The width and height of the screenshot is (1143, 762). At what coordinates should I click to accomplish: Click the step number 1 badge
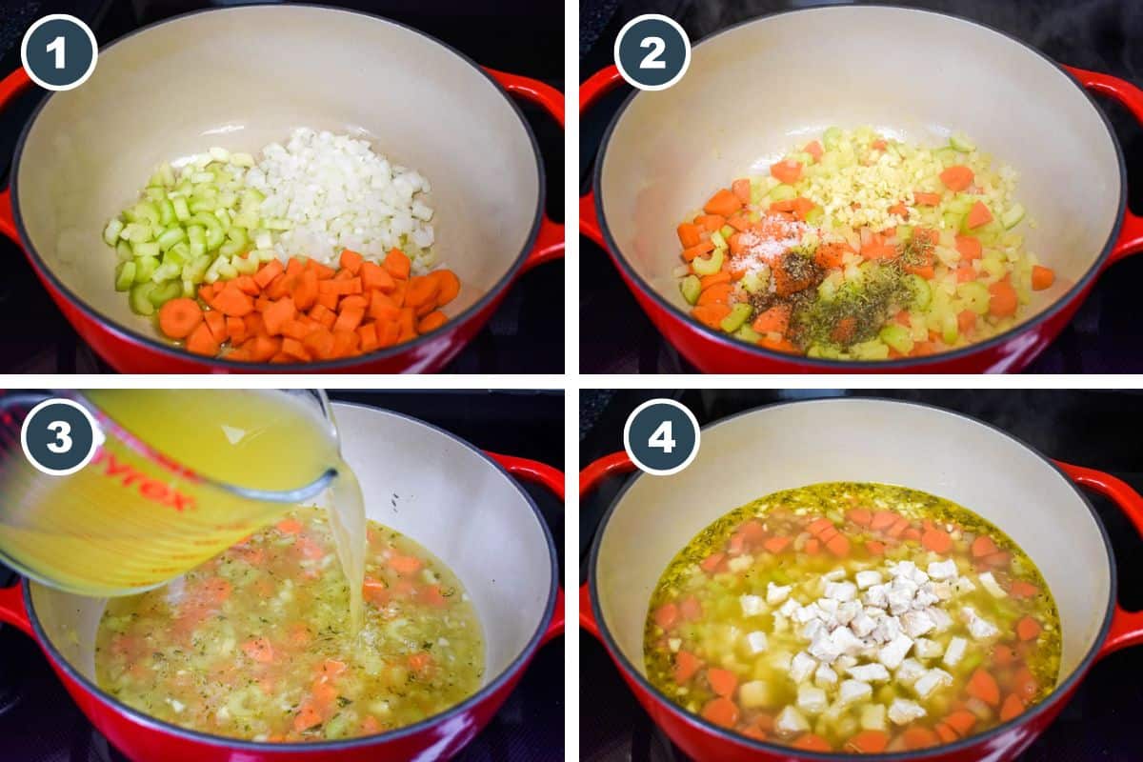pyautogui.click(x=59, y=52)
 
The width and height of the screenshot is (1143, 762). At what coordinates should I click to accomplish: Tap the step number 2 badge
pyautogui.click(x=652, y=52)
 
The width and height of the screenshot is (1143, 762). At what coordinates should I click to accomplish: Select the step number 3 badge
pyautogui.click(x=59, y=436)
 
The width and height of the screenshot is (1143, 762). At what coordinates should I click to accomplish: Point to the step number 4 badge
pyautogui.click(x=661, y=437)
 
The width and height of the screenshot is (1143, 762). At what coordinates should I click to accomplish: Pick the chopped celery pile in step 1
pyautogui.click(x=181, y=238)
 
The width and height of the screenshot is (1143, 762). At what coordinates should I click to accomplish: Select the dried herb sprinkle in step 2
pyautogui.click(x=857, y=300)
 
